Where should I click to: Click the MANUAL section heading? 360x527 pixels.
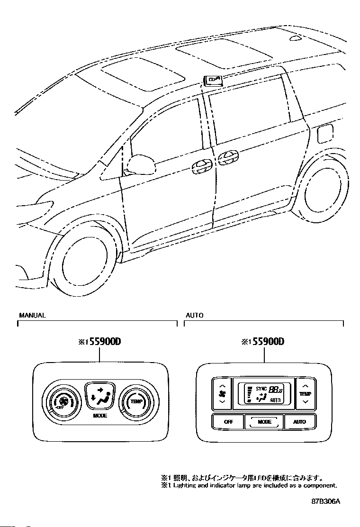tap(32, 315)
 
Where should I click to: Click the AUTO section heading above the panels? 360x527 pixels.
tap(194, 315)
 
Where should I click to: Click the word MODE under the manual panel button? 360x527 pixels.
tap(100, 416)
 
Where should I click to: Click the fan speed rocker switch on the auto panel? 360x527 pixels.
tap(222, 394)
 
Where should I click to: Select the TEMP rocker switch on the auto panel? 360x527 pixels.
tap(305, 394)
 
